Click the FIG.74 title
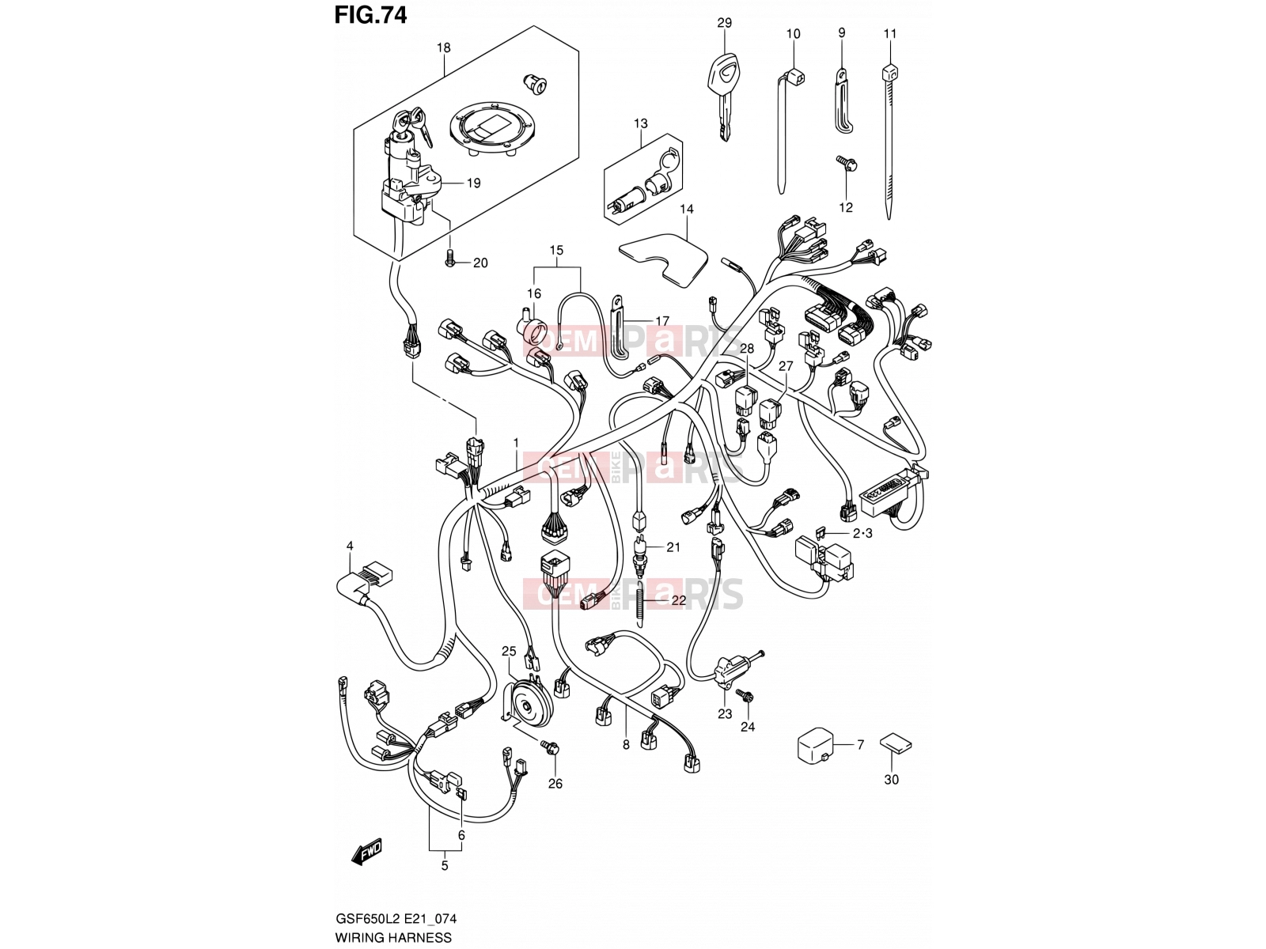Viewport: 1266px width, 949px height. (x=370, y=15)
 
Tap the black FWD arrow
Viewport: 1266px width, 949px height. (x=366, y=851)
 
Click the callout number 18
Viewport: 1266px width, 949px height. (x=443, y=47)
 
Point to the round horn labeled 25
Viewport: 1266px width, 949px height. (x=526, y=704)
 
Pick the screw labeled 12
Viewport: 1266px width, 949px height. (x=846, y=167)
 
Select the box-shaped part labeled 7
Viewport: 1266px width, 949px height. (x=814, y=747)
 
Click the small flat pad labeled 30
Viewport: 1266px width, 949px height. (x=895, y=743)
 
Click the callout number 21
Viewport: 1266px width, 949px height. (x=673, y=546)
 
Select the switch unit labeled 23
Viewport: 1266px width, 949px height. (x=730, y=672)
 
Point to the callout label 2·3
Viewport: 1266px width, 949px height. (x=862, y=533)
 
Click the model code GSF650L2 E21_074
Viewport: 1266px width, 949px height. (x=396, y=918)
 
